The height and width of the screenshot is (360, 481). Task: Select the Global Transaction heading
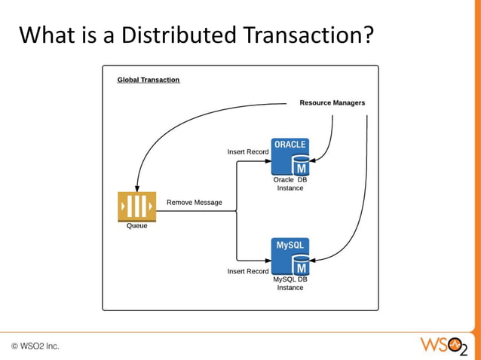149,80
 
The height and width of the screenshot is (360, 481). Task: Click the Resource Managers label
332,102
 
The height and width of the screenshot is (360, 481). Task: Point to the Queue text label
136,226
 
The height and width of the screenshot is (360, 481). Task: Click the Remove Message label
195,202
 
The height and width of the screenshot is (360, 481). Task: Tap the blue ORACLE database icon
290,157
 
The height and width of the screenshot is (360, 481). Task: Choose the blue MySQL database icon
290,257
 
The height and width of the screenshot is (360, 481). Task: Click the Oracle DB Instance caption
290,184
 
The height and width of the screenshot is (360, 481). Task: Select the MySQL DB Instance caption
290,283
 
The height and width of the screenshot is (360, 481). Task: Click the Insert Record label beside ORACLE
248,151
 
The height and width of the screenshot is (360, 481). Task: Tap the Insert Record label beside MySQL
248,271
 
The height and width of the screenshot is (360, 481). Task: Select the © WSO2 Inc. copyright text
35,346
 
